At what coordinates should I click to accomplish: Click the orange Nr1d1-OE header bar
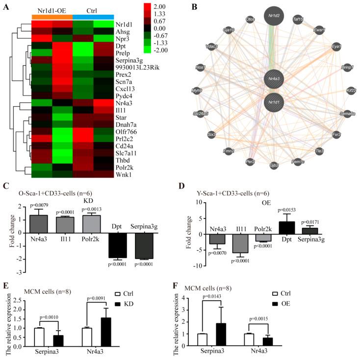52,17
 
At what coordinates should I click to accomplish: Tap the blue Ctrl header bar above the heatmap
93,17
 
